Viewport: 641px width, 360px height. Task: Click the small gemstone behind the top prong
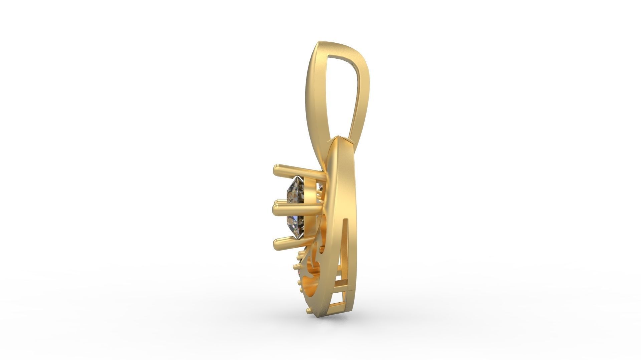click(321, 186)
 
